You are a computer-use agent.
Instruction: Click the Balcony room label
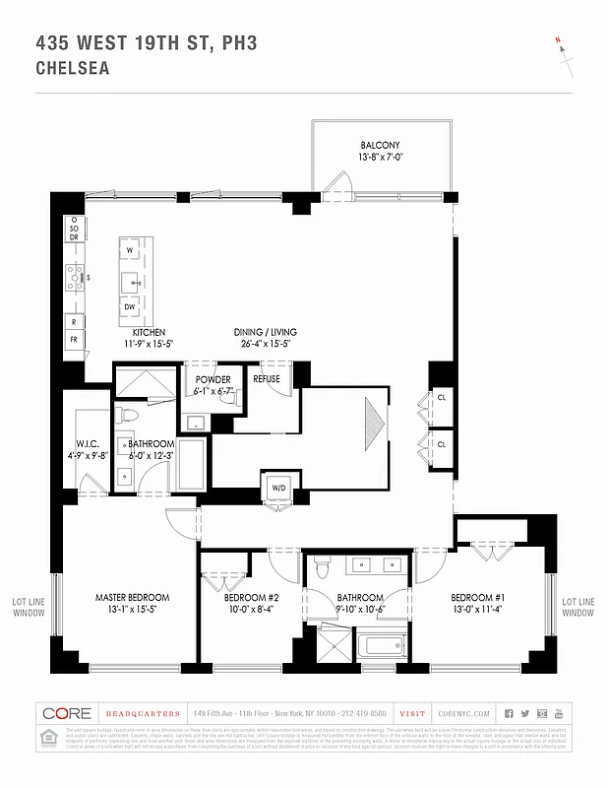coord(380,146)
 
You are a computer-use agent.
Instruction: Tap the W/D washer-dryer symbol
coord(276,487)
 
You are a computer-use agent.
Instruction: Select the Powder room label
coord(213,379)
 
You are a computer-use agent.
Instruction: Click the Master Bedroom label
coord(132,597)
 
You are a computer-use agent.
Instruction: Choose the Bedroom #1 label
coord(477,597)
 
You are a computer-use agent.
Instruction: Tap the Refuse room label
coord(267,379)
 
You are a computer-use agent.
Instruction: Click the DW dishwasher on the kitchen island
coord(130,307)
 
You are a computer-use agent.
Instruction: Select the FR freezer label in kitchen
coord(73,339)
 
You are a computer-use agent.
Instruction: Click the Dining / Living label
coord(265,332)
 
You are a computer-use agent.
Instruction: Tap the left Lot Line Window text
coord(28,607)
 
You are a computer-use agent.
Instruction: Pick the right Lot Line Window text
coord(578,607)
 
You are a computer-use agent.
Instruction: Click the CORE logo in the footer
coord(67,713)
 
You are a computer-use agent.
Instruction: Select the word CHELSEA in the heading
coord(72,69)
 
